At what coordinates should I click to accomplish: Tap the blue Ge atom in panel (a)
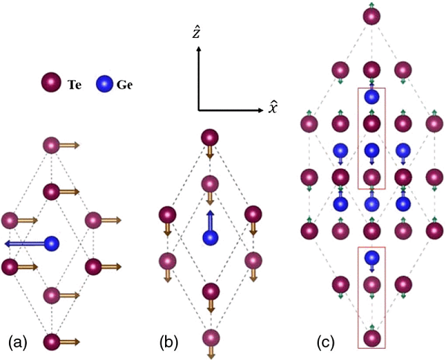[51, 243]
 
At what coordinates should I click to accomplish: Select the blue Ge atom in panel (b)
[211, 237]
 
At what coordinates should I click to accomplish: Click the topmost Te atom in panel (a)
[51, 144]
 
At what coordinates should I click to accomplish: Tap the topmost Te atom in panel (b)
[211, 138]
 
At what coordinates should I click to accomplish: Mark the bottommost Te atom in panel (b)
[211, 337]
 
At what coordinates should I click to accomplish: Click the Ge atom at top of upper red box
[372, 96]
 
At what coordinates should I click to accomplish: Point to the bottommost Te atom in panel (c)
[372, 336]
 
